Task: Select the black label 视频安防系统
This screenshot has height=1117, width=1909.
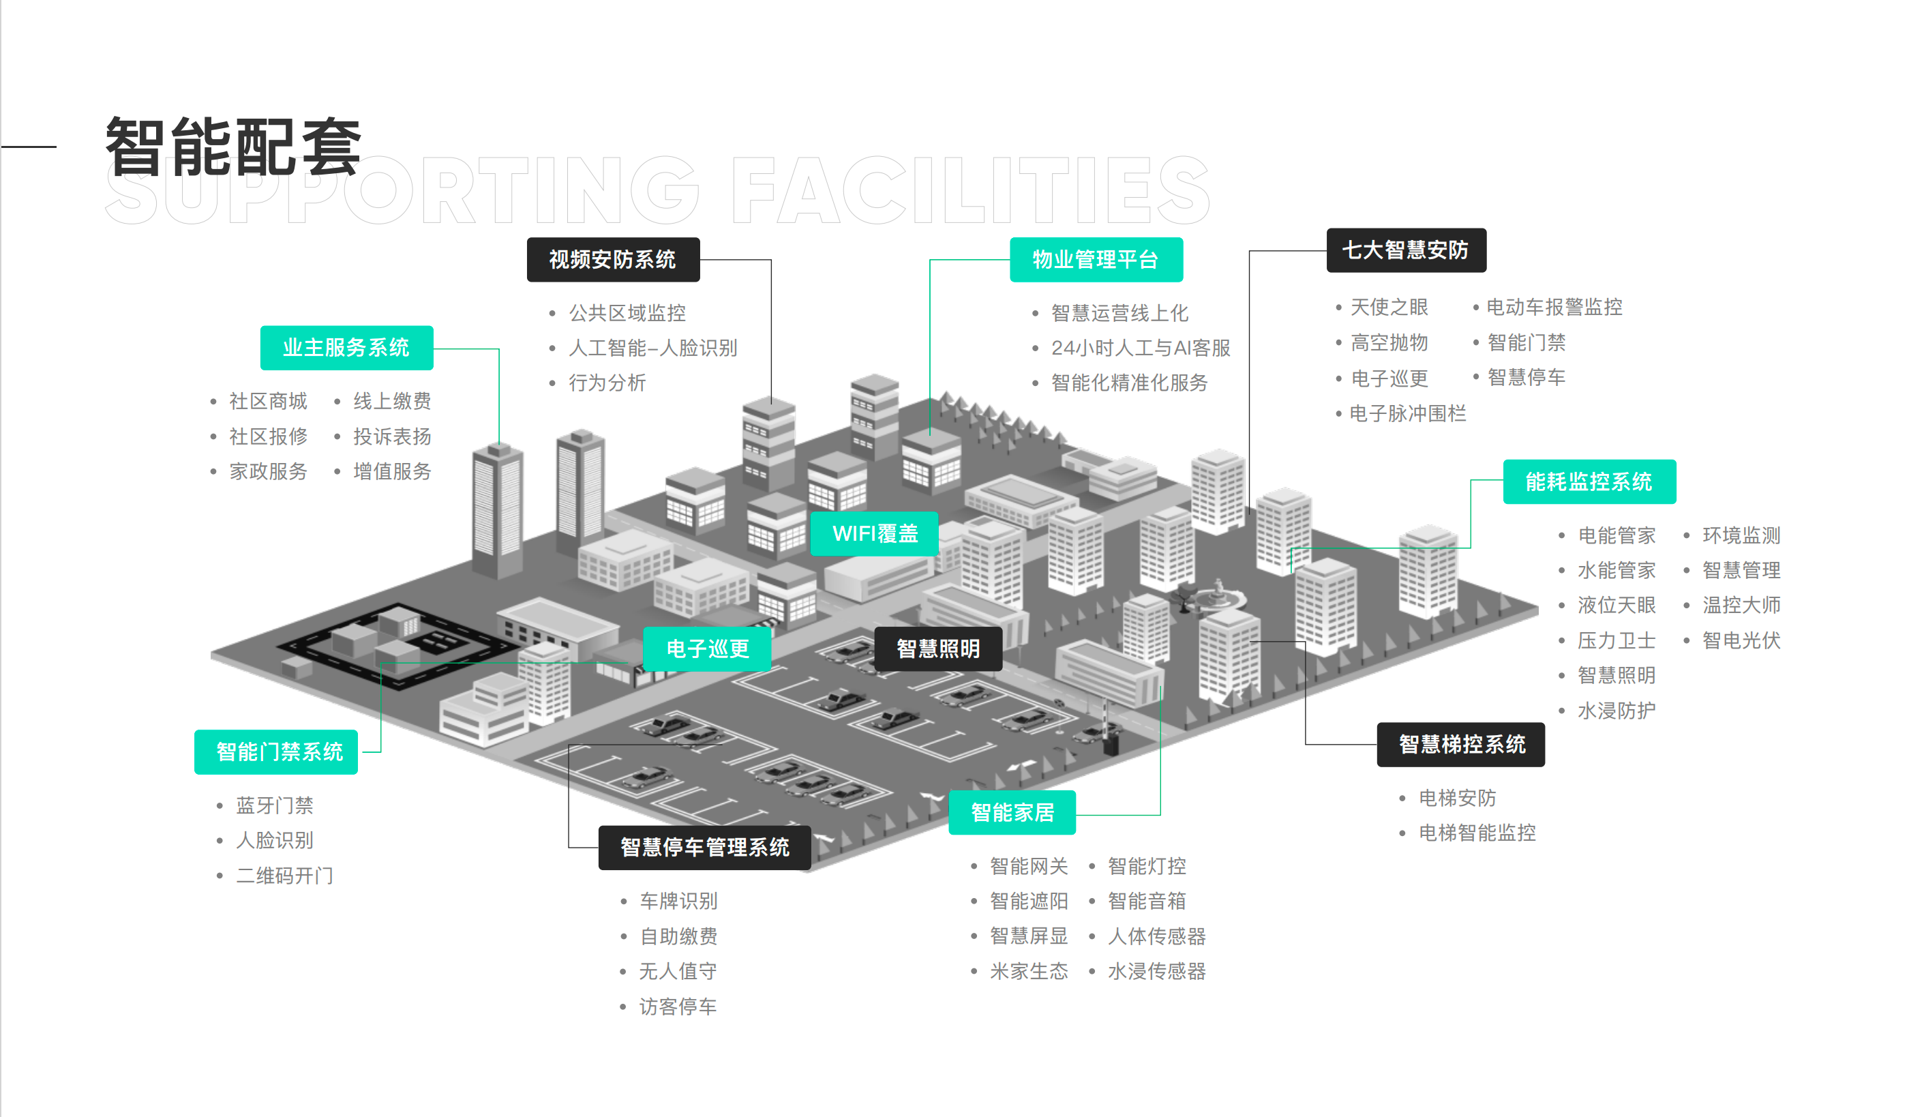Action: coord(613,260)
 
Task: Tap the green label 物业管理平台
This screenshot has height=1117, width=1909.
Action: coord(1096,260)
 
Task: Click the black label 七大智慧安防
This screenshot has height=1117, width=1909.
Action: coord(1405,250)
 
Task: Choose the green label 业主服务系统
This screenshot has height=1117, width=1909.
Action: coord(346,348)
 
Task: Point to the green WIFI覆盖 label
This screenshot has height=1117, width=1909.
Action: coord(874,533)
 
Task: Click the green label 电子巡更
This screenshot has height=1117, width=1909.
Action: coord(707,649)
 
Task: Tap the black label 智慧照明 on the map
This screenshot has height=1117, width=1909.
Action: coord(938,649)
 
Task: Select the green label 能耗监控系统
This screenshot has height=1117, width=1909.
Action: coord(1589,482)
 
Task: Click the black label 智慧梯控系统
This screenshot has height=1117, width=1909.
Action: coord(1461,744)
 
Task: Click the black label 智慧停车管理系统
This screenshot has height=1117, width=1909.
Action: coord(704,847)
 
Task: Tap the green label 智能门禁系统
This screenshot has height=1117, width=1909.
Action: coord(280,751)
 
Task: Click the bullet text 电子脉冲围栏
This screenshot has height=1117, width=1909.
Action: coord(1407,414)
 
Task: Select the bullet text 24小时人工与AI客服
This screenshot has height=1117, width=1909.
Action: coord(1140,348)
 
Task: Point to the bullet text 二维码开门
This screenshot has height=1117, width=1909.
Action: coord(285,876)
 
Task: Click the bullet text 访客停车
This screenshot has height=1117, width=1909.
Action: coord(678,1007)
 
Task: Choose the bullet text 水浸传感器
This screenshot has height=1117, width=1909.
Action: coord(1156,971)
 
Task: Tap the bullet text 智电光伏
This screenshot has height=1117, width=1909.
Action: coord(1741,640)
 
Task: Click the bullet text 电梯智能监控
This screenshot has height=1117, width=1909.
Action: coord(1477,833)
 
